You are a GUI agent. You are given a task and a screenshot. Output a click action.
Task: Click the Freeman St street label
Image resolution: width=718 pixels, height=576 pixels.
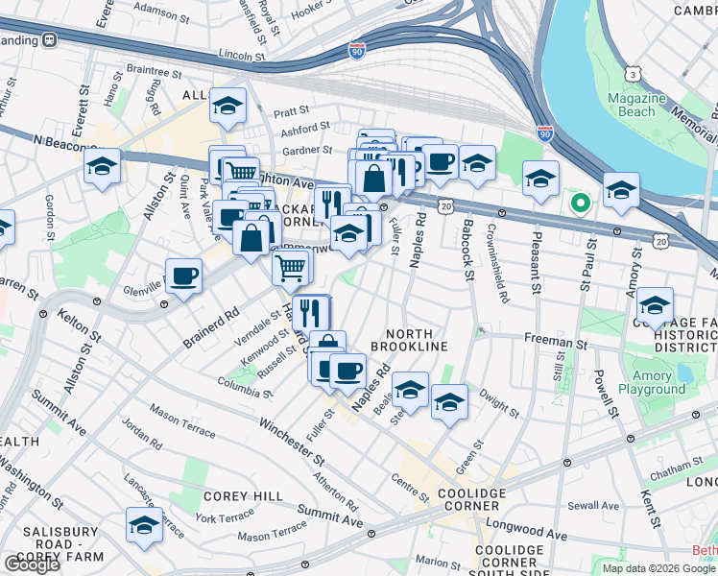click(555, 341)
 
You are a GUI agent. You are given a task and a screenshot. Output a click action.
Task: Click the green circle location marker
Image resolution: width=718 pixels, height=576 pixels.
click(579, 203)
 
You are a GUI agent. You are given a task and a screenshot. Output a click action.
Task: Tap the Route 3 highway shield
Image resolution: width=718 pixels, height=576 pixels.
click(633, 73)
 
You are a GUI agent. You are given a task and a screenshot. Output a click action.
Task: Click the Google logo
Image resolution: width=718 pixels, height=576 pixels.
click(32, 564)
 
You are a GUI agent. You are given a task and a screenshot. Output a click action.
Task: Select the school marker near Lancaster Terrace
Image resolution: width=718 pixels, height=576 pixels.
click(144, 524)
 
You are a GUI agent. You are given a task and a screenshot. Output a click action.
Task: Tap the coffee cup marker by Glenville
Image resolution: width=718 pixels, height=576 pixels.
click(183, 276)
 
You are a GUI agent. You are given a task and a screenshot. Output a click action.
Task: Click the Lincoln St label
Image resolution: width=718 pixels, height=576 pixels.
click(240, 57)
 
